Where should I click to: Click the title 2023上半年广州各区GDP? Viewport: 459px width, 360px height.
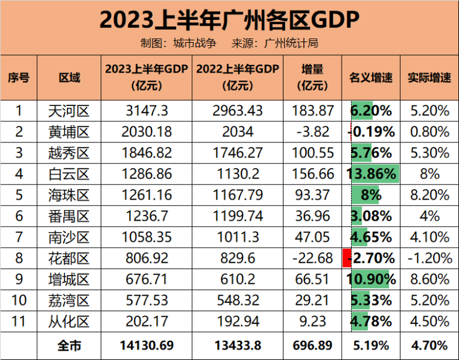click(229, 19)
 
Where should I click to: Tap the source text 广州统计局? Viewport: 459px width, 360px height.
click(292, 43)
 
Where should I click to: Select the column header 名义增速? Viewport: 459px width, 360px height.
click(371, 78)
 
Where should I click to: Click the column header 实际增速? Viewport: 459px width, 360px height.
click(429, 78)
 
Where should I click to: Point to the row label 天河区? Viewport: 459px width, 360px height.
click(69, 111)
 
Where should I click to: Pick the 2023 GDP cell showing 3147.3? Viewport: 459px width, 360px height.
click(146, 111)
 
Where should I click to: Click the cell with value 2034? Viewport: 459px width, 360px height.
click(238, 132)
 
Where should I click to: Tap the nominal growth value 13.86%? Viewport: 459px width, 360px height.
click(372, 174)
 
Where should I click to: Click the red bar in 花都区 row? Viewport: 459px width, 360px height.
click(346, 258)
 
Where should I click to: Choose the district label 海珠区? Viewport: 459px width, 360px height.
click(69, 195)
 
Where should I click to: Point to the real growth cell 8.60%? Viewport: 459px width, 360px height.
click(429, 279)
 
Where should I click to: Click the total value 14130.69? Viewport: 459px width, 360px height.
click(146, 345)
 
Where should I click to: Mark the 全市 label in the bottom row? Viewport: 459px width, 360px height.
click(69, 345)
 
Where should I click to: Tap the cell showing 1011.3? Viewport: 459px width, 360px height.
click(238, 237)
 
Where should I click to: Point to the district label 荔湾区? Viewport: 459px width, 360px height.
click(69, 301)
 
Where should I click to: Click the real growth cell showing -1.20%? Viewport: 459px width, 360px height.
click(429, 258)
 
